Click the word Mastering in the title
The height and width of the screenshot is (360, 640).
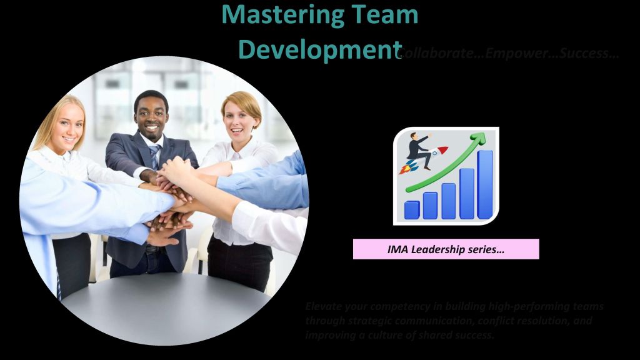[x=273, y=14]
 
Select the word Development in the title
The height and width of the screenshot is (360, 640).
[x=320, y=49]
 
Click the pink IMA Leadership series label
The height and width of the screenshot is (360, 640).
[x=446, y=249]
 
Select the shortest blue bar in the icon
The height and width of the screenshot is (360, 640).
[x=412, y=209]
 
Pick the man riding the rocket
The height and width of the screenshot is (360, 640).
[x=419, y=150]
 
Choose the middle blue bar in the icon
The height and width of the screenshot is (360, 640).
[x=449, y=201]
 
